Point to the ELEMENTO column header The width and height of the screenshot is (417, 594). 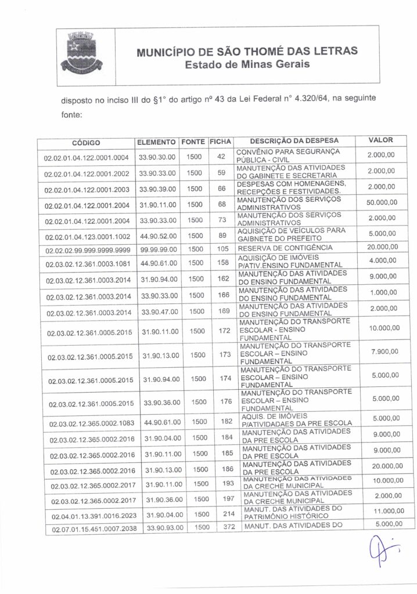coord(156,142)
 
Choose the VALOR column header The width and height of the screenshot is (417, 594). coord(381,140)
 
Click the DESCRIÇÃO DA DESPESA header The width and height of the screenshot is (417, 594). coord(294,141)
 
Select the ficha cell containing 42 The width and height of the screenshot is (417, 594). coord(220,157)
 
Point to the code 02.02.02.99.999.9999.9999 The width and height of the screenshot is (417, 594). coord(86,249)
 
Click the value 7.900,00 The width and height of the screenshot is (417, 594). coord(383,352)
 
